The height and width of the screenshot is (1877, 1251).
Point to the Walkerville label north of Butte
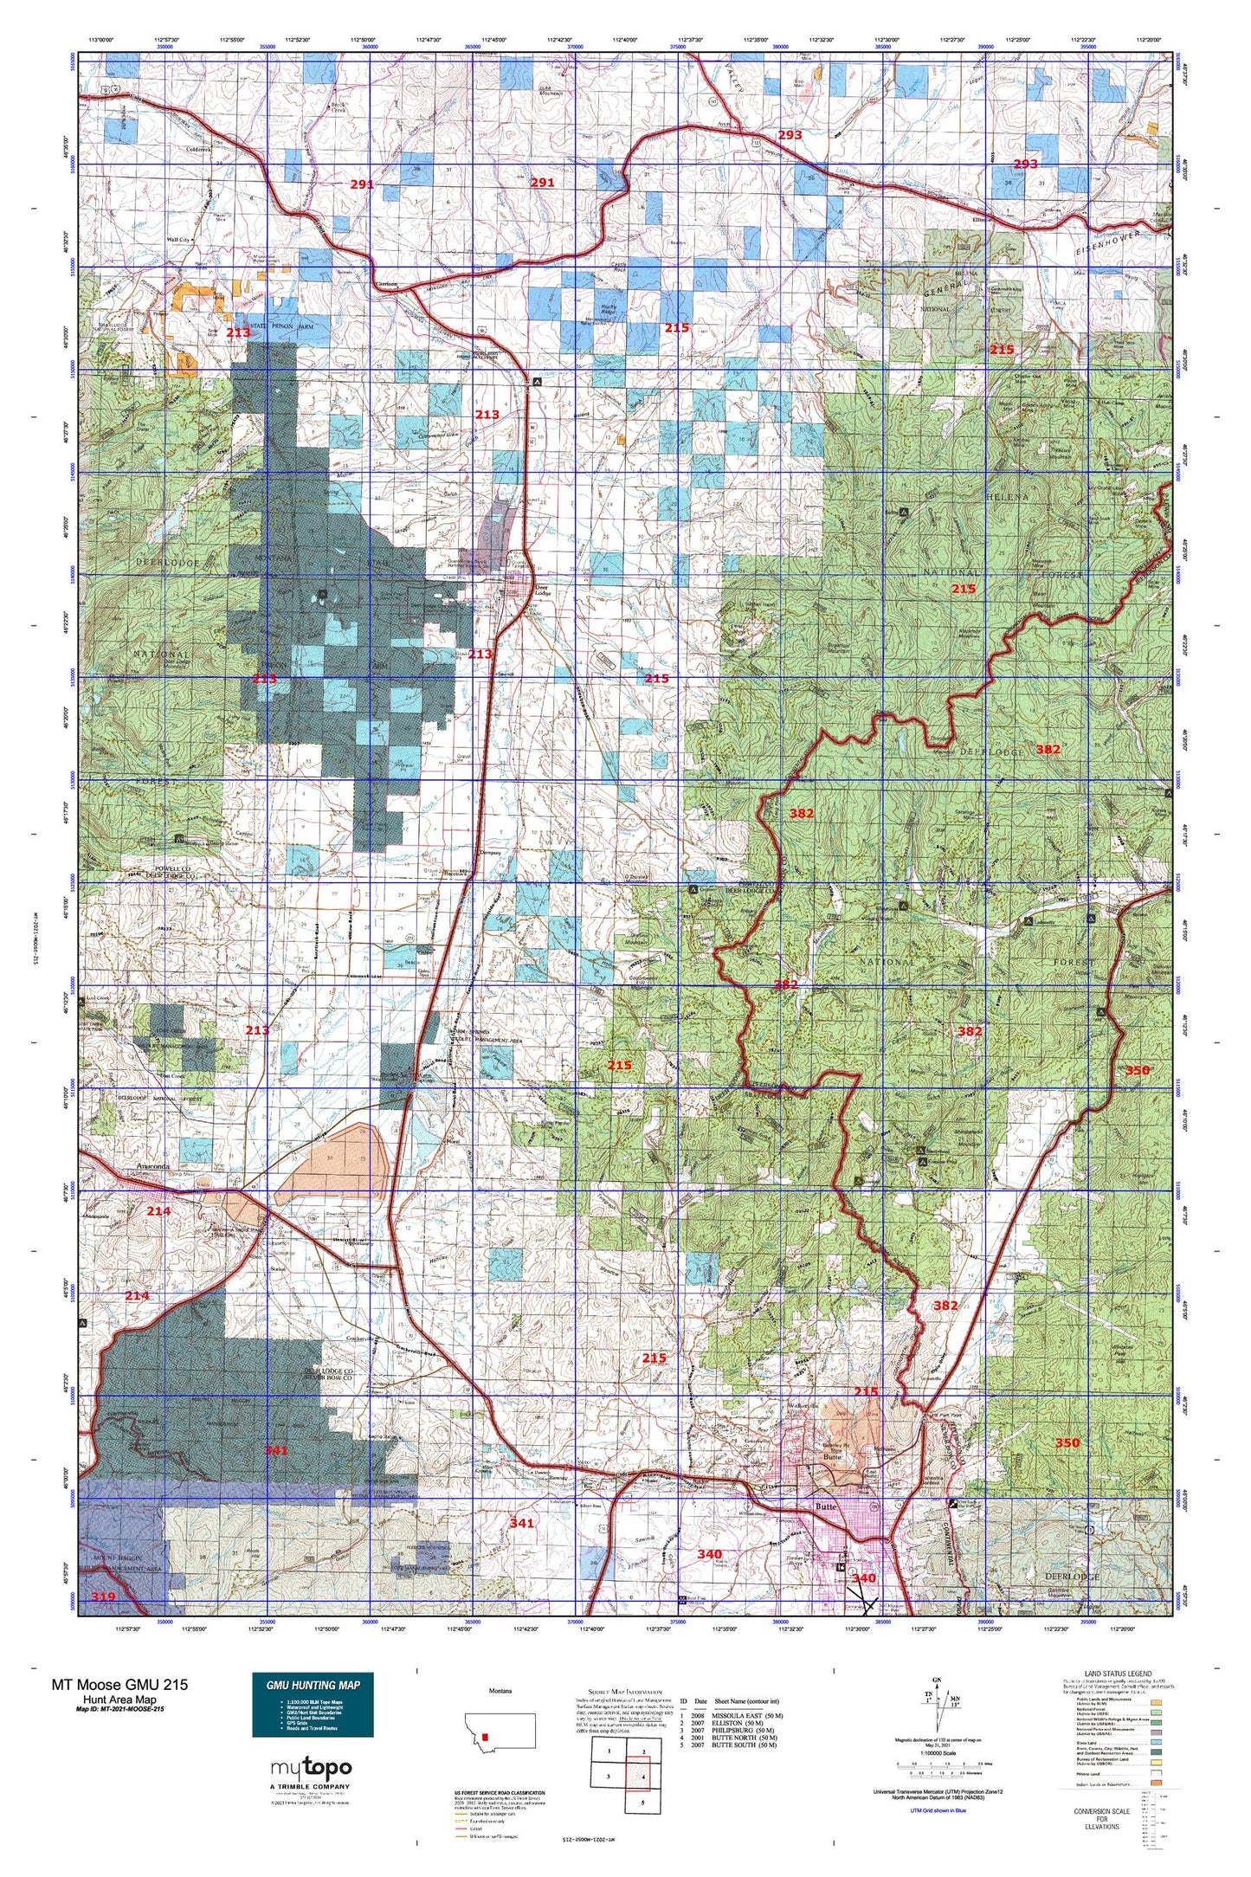click(x=805, y=1404)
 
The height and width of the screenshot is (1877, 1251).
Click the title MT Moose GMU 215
click(x=119, y=1685)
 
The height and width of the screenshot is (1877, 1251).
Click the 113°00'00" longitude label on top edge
click(x=103, y=40)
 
